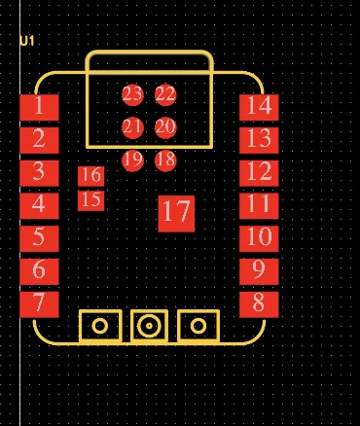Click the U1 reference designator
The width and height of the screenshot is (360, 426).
tap(26, 41)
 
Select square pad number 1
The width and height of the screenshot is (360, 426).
tap(39, 106)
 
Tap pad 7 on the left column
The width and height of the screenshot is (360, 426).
tap(39, 302)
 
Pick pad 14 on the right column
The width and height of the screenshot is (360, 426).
tap(259, 106)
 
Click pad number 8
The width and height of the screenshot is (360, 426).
tap(259, 302)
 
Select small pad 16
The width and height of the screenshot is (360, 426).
tap(91, 176)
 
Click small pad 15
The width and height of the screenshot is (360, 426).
tap(91, 200)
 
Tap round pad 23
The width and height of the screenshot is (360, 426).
tap(133, 94)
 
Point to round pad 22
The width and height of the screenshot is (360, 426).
tap(165, 94)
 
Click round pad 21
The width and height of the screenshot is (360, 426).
tap(133, 127)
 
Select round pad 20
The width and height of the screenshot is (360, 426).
tap(165, 127)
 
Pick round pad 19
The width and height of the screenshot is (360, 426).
tap(133, 160)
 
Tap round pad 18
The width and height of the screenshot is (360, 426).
tap(165, 160)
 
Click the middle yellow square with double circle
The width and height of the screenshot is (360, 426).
tap(148, 326)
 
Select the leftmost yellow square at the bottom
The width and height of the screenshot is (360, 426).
tap(99, 326)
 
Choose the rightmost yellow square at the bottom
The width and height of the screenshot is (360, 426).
tap(198, 326)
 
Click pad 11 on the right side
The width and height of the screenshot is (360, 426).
tap(259, 204)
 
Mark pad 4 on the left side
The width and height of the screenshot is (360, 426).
tap(39, 204)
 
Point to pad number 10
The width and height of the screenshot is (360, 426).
tap(259, 237)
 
